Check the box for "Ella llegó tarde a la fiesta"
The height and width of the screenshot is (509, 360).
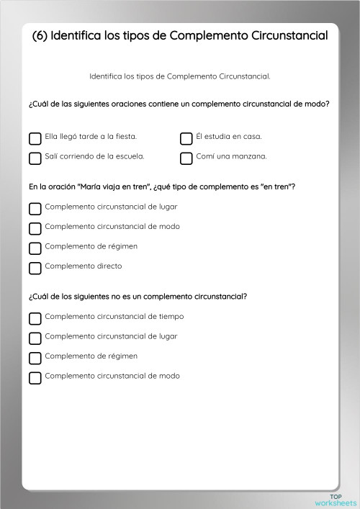tap(35, 138)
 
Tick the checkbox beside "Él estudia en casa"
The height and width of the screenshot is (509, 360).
tap(186, 138)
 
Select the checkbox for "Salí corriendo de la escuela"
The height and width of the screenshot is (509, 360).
tap(35, 158)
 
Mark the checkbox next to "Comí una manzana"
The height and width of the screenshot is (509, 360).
tap(186, 158)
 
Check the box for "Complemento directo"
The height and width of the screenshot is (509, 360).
tap(35, 268)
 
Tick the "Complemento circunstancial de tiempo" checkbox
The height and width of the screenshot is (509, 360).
tap(35, 317)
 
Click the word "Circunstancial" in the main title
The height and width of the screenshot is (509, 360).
tap(287, 35)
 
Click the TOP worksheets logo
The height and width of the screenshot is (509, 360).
tap(343, 500)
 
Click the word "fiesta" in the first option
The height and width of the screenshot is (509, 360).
tap(125, 136)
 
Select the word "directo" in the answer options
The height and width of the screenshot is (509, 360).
tap(107, 266)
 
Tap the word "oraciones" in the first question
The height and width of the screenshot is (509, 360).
tap(126, 104)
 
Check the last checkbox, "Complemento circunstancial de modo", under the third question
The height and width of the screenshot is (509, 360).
tap(35, 377)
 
